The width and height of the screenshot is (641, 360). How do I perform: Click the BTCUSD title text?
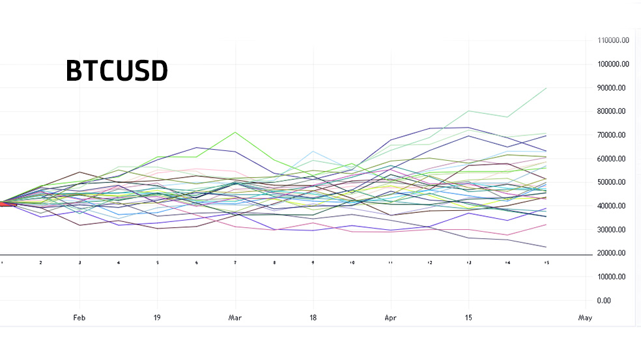[117, 71]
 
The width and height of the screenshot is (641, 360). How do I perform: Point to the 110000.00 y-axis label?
[613, 40]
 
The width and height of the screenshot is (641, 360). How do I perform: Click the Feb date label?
[79, 318]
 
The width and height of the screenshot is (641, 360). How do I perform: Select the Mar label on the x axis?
[235, 318]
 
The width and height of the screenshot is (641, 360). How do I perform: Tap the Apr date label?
[390, 318]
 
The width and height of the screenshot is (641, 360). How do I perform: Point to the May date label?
[585, 318]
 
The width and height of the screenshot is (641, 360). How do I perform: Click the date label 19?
[158, 318]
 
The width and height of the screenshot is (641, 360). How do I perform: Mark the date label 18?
[313, 318]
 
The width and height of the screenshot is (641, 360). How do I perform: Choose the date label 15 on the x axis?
[468, 318]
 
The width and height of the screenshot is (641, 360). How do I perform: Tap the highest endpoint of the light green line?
[546, 88]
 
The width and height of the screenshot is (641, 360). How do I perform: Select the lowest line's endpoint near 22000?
[546, 247]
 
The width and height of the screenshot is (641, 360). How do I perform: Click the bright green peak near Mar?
[235, 132]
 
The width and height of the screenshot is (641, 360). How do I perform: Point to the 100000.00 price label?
[613, 64]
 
